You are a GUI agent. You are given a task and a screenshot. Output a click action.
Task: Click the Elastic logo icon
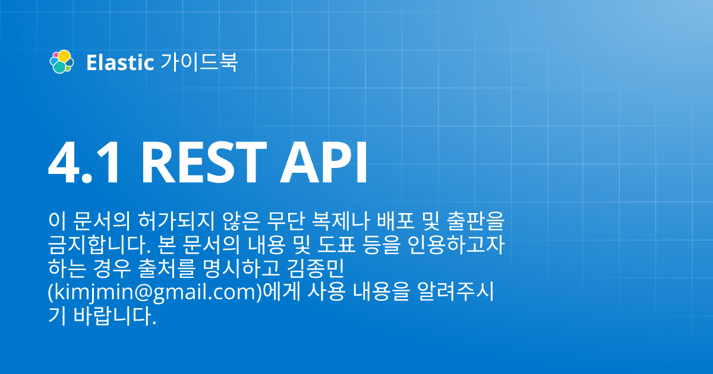pyautogui.click(x=61, y=62)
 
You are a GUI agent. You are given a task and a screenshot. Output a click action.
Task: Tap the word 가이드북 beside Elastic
pyautogui.click(x=199, y=62)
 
